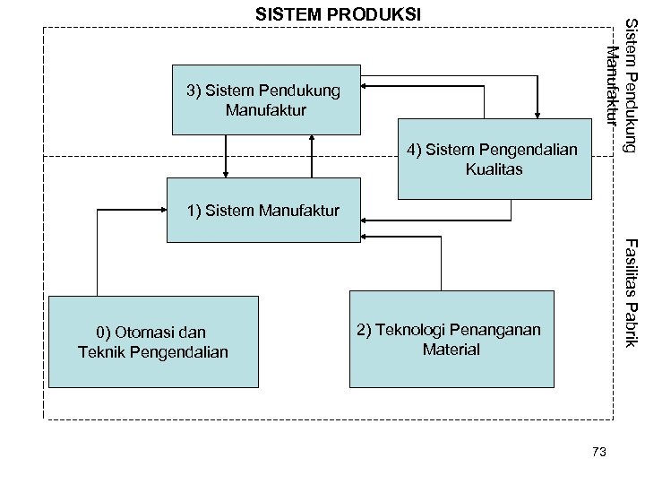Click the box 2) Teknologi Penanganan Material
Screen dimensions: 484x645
(449, 339)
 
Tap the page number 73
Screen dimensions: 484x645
(599, 452)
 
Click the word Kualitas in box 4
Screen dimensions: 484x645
(494, 169)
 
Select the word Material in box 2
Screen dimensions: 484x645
(451, 350)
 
